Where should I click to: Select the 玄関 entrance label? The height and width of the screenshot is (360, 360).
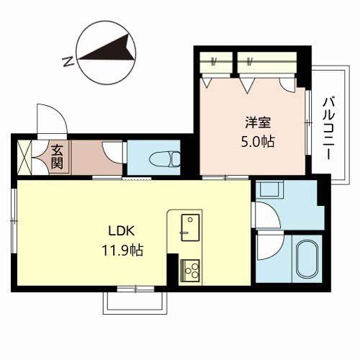tap(58, 157)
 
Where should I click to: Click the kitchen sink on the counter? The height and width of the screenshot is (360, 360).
tap(188, 225)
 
